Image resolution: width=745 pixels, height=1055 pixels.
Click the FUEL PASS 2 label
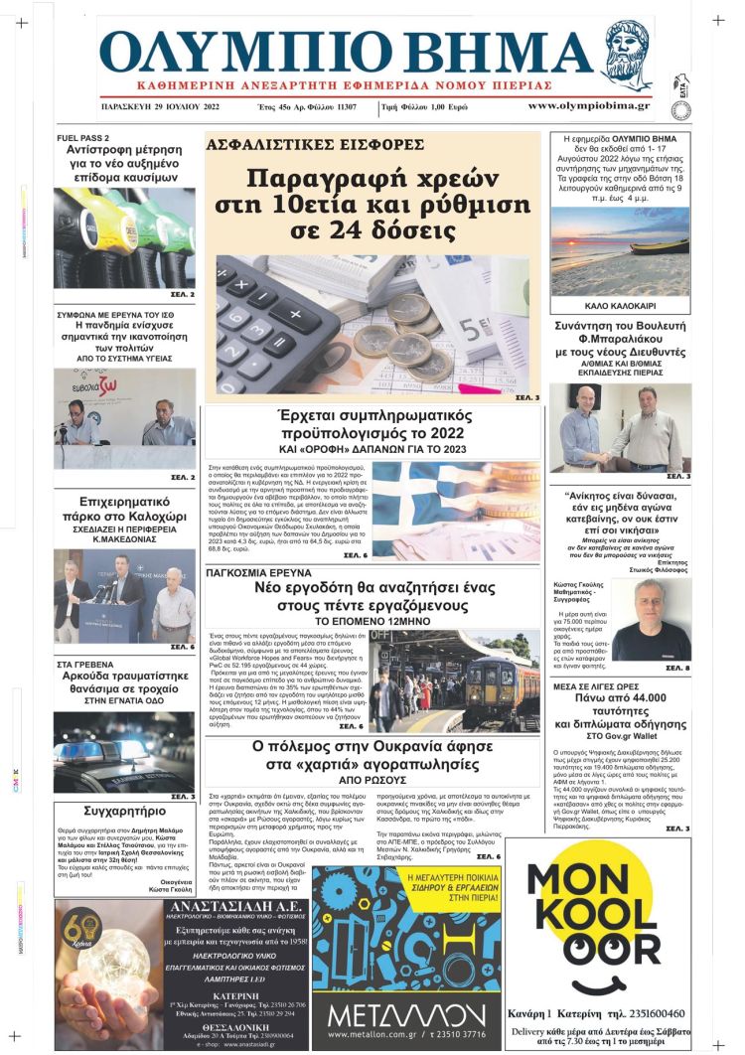83,137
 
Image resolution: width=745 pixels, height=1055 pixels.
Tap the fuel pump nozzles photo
124,237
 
